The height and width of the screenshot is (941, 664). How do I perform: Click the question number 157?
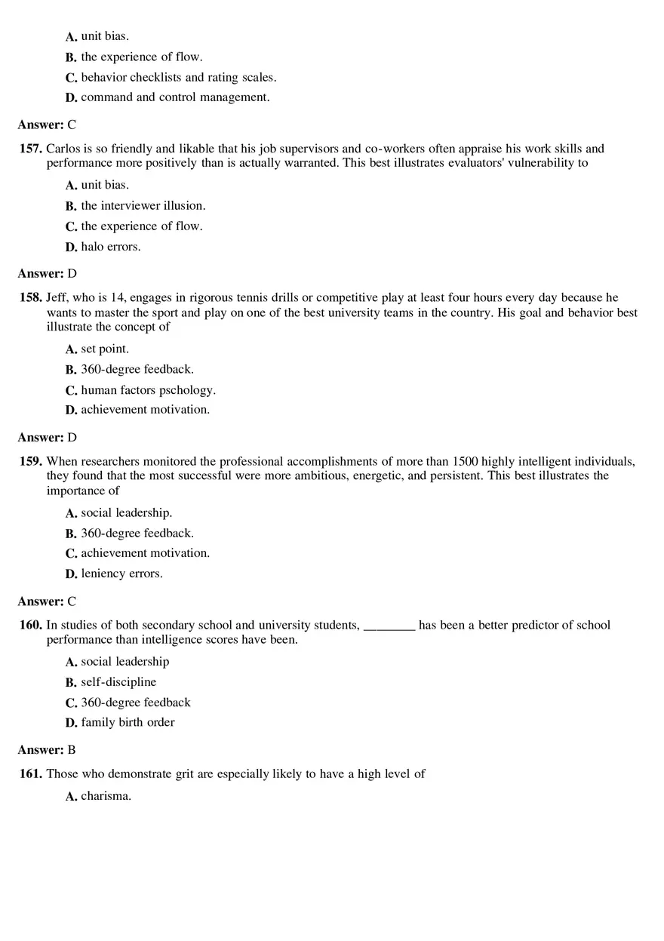point(31,149)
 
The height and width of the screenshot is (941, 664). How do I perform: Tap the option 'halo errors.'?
point(110,247)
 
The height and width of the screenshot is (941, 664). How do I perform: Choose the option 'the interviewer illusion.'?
point(143,206)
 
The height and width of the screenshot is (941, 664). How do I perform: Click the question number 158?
point(31,298)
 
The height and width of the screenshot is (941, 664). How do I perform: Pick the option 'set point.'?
point(105,349)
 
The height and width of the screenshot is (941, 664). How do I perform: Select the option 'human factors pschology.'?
point(148,390)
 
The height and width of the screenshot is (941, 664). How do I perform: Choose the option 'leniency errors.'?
point(121,574)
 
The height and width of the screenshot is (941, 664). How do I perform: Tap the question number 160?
point(31,626)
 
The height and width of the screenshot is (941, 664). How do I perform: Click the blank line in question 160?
point(389,626)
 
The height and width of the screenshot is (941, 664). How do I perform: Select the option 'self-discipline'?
point(118,682)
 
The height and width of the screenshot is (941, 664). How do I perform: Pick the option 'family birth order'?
point(128,723)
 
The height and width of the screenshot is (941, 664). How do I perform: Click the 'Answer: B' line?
point(47,750)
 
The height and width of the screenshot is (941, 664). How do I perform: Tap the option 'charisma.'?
point(106,796)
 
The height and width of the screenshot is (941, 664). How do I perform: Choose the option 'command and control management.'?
point(175,97)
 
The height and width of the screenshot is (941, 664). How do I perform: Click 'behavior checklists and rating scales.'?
point(178,78)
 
